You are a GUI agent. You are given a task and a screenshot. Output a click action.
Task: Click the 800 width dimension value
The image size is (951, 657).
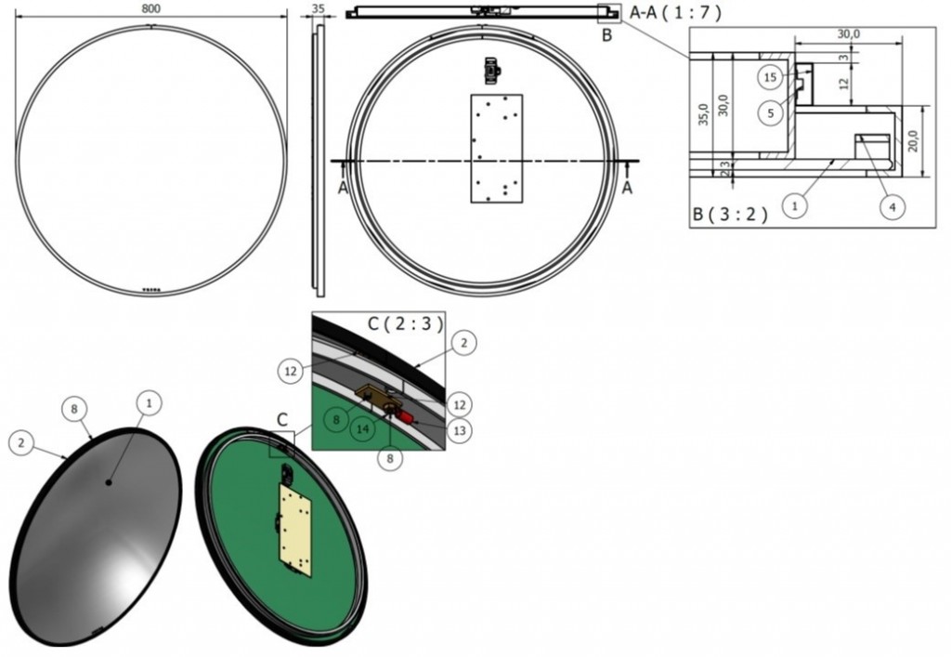point(151,9)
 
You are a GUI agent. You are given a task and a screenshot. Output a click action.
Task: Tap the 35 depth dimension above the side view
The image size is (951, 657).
point(319,9)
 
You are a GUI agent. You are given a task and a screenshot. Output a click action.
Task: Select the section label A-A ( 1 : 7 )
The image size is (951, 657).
point(676,12)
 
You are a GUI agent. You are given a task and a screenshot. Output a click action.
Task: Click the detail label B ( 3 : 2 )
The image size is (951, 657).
point(730,214)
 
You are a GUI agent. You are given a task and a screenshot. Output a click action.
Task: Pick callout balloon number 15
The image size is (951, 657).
point(770,77)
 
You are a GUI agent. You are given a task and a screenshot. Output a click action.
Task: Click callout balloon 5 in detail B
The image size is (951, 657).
point(771,112)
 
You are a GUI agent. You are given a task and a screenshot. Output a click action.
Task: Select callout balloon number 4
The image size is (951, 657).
point(892,207)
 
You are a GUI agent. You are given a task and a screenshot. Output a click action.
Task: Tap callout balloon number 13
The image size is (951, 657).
point(459,430)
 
